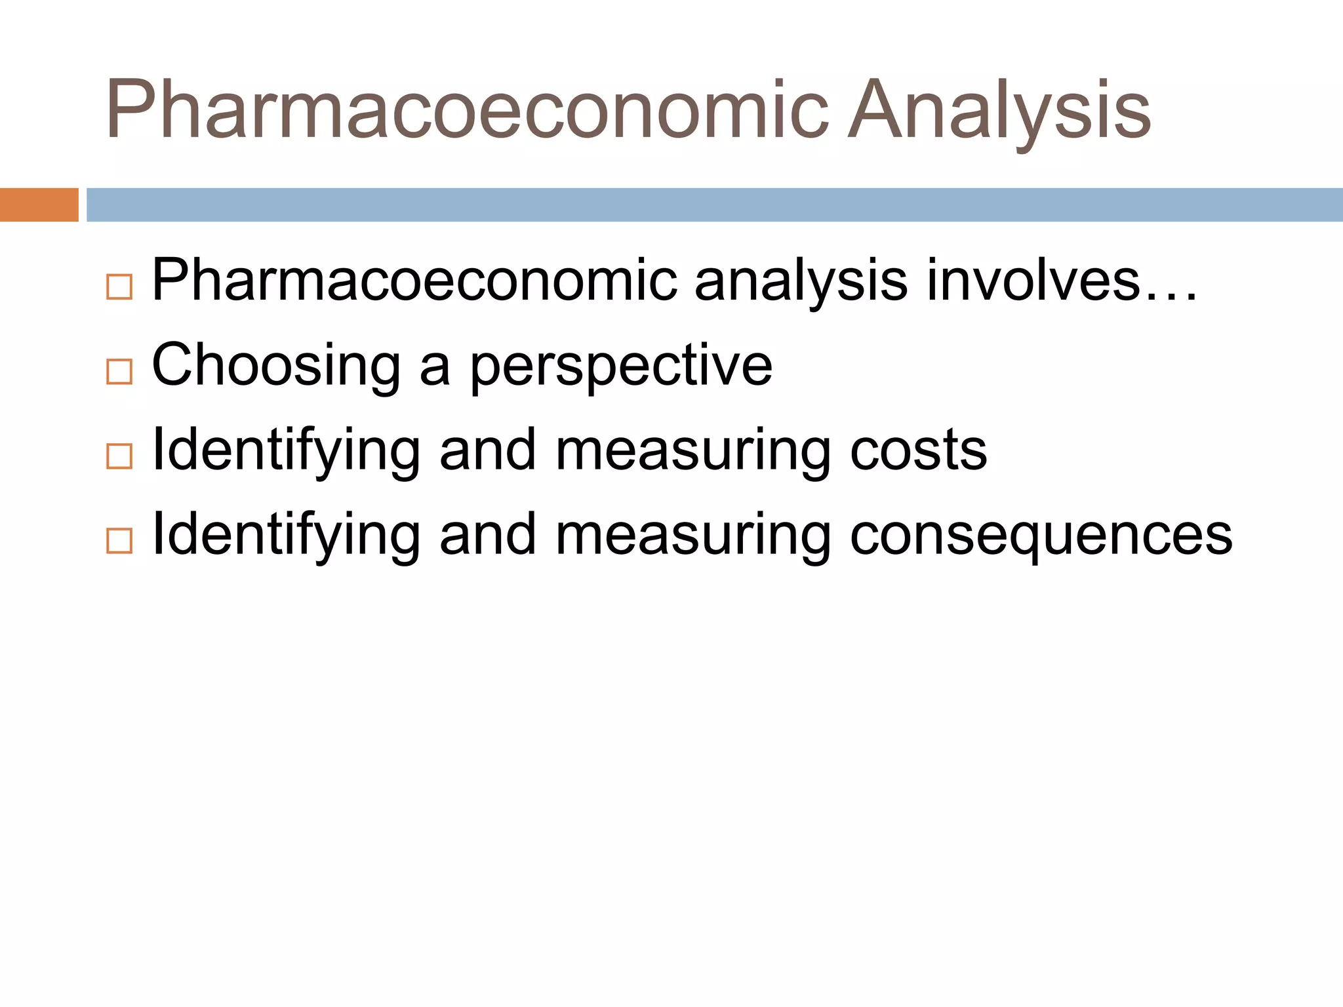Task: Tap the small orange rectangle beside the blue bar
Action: pos(39,205)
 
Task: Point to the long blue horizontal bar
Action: pos(714,205)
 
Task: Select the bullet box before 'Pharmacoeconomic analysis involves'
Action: pos(119,287)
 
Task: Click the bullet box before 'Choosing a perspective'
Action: pos(119,372)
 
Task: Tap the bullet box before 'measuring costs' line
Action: pos(119,456)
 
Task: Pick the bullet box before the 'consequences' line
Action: pos(119,541)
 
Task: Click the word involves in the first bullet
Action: pos(1032,281)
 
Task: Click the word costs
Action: pos(918,450)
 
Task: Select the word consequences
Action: pos(1041,536)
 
